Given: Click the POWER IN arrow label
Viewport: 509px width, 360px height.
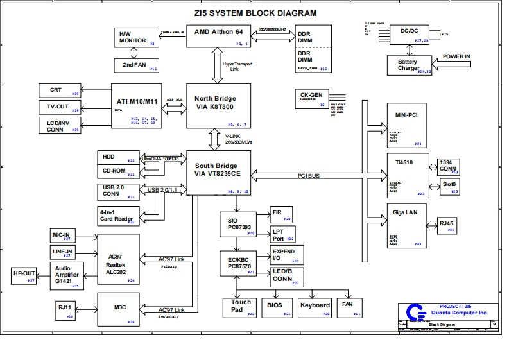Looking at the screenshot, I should (456, 57).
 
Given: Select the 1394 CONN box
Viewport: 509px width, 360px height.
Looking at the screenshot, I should (447, 166).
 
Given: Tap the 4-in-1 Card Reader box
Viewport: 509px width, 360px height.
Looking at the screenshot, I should (116, 216).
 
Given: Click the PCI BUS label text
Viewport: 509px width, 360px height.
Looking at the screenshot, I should (309, 175).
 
